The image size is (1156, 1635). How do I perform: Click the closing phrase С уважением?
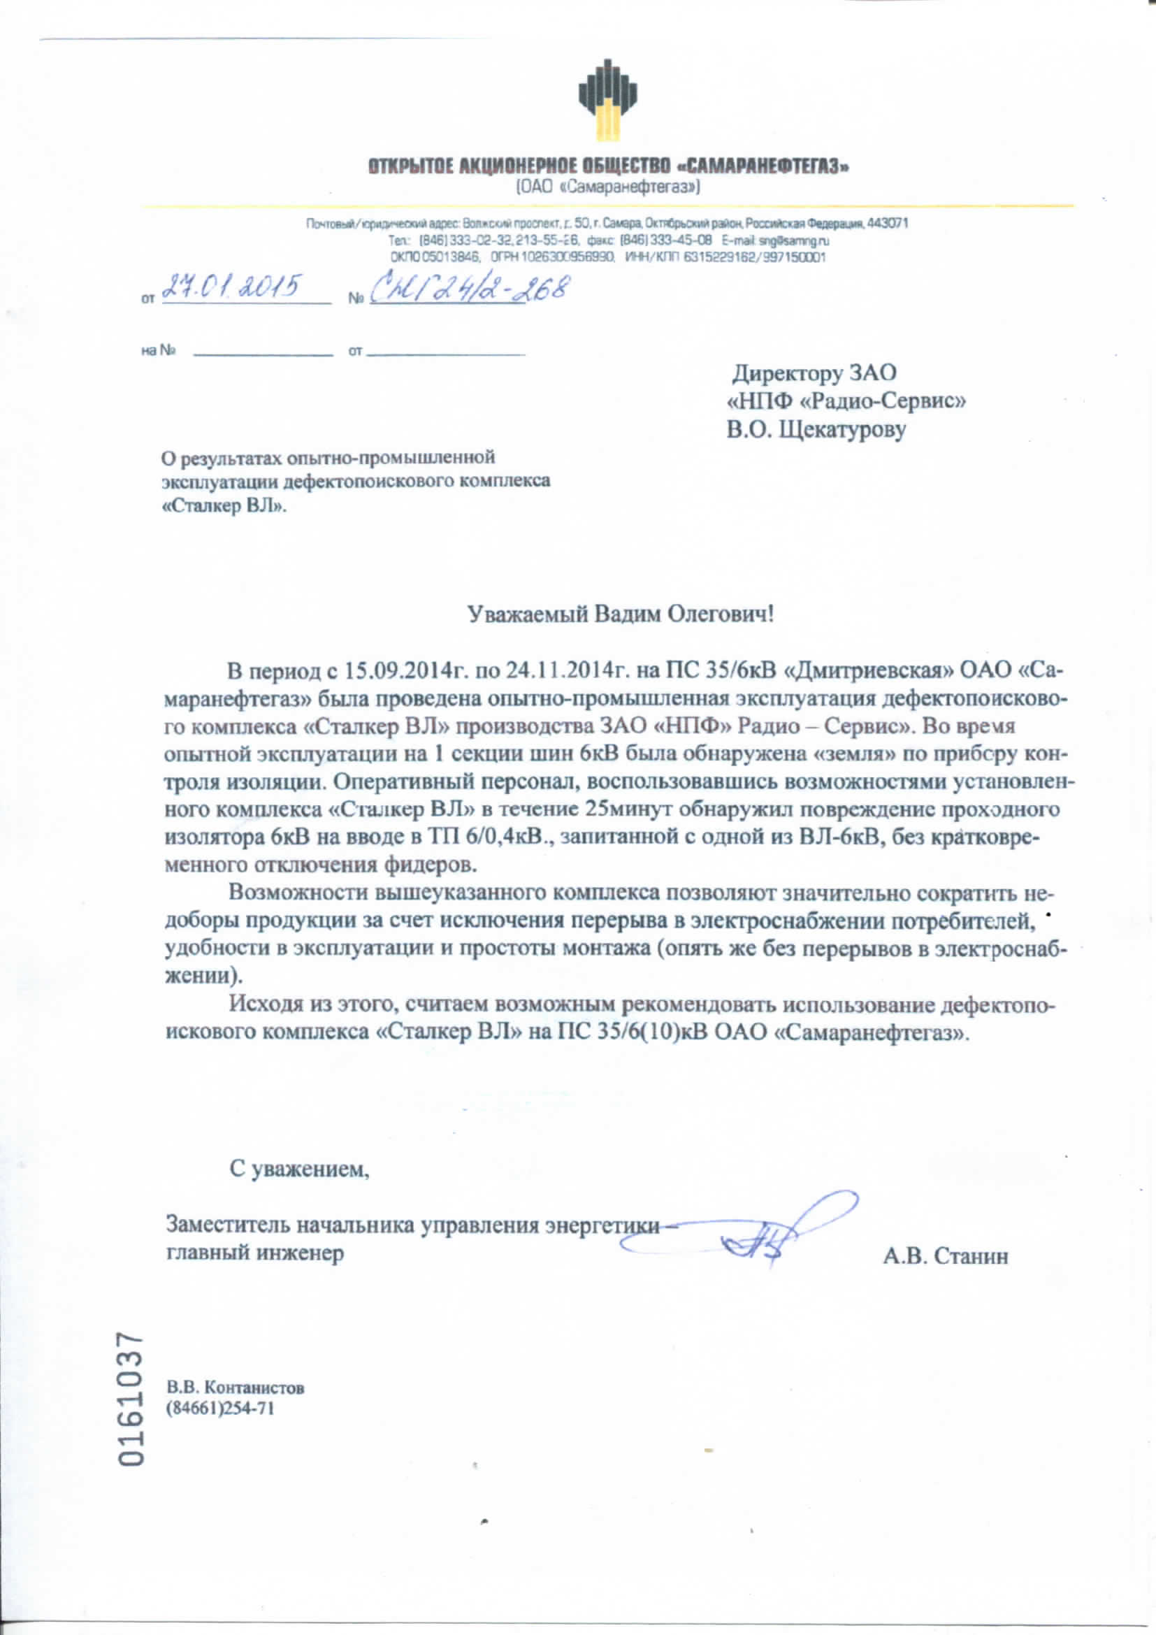tap(299, 1169)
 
